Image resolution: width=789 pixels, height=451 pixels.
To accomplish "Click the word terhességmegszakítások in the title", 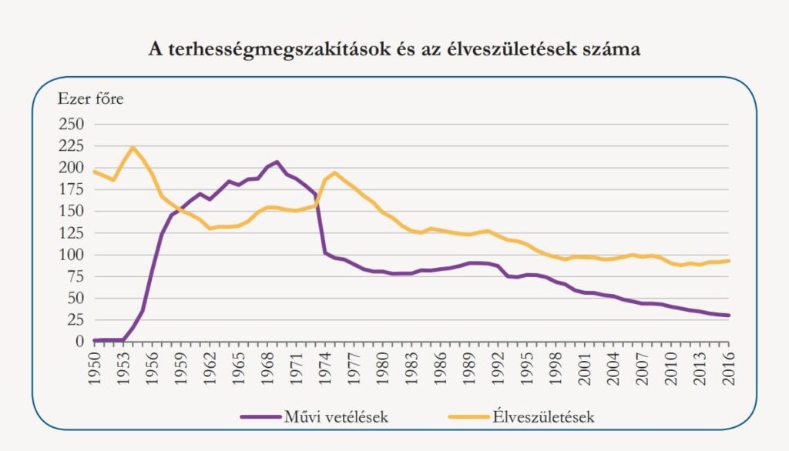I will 254,49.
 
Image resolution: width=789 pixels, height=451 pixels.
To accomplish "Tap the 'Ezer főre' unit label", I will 90,99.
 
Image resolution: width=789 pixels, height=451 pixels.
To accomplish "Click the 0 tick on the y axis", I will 79,341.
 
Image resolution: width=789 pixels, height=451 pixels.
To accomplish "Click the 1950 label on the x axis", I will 94,365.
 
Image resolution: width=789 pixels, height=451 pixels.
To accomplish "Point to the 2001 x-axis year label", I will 584,365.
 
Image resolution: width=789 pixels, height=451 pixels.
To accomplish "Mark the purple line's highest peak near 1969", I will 277,162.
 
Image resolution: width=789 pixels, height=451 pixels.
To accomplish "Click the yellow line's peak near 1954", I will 133,147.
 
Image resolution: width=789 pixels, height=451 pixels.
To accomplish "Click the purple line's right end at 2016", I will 728,315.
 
